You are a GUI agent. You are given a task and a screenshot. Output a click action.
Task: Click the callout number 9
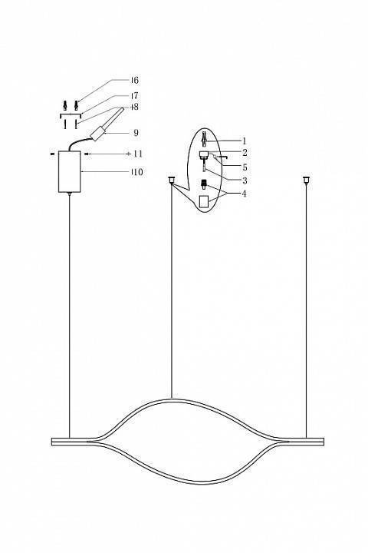[135, 132]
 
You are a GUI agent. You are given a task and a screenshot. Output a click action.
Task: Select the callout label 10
[136, 172]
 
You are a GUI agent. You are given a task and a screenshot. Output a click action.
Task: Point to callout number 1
[244, 141]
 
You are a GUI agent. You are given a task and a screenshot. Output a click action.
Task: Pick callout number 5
[244, 166]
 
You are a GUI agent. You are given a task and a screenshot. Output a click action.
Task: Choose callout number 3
[244, 180]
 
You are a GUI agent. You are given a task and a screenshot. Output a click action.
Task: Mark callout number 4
[244, 194]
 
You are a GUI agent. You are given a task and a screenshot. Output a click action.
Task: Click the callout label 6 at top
[135, 81]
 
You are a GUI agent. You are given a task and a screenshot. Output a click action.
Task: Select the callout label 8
[135, 108]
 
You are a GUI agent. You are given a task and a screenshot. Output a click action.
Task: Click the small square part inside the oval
[204, 200]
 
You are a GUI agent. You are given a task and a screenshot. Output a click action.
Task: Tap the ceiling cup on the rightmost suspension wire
[306, 180]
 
